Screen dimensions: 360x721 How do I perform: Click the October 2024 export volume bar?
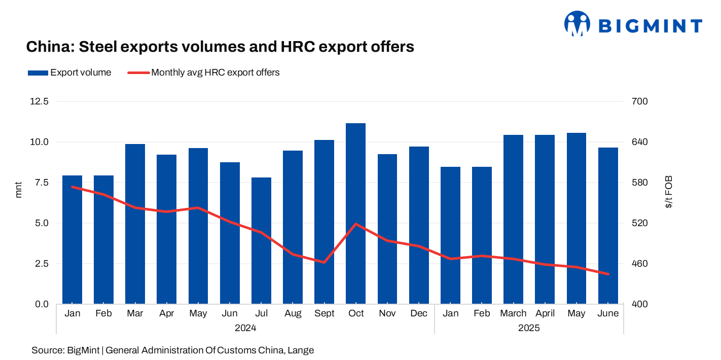[x=356, y=213]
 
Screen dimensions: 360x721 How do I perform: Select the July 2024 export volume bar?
[x=261, y=241]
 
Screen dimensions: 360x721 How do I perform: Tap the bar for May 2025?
[x=576, y=218]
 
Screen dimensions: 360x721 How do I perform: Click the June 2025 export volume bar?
[x=608, y=226]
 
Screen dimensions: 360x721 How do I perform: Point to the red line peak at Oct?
[x=356, y=224]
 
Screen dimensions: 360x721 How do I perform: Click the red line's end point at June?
[x=608, y=274]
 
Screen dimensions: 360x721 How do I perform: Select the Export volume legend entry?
[x=69, y=73]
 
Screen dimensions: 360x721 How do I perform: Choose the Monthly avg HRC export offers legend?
[x=203, y=73]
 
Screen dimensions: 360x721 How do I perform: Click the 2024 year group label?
[x=245, y=328]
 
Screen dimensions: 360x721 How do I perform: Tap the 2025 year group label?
[x=529, y=328]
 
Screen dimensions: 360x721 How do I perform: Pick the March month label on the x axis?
[x=513, y=313]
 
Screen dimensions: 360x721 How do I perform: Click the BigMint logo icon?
[x=578, y=24]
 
